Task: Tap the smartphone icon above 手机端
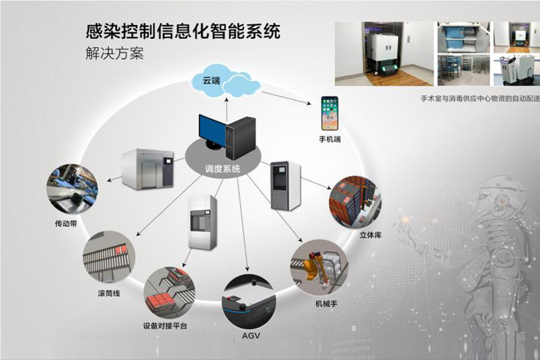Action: [329, 113]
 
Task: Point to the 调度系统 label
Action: [223, 169]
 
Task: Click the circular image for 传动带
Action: [72, 190]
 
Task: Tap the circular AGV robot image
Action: [249, 302]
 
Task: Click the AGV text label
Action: [251, 336]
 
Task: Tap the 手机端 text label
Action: [330, 139]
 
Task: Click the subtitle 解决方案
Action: [114, 54]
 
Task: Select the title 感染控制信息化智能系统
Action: [183, 32]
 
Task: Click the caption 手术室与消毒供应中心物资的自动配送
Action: [480, 98]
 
